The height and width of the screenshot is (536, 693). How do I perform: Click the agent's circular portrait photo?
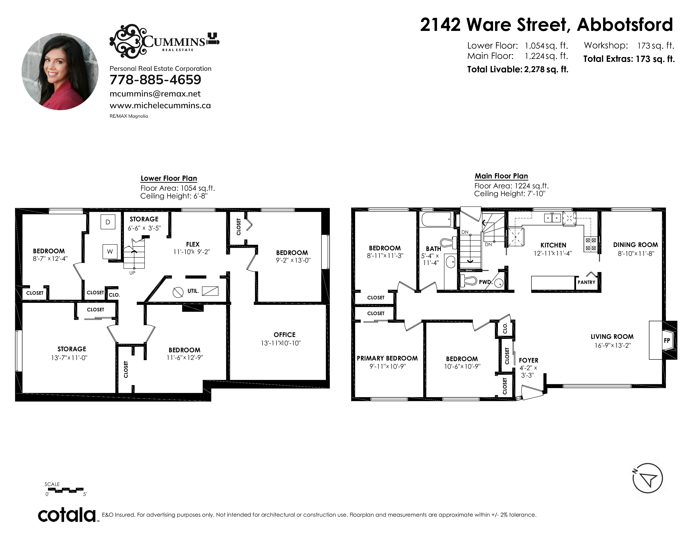(60, 72)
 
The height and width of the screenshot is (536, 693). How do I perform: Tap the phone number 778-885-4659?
(155, 80)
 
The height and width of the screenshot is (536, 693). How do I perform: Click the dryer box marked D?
(108, 222)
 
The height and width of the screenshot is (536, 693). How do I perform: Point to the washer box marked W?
(110, 251)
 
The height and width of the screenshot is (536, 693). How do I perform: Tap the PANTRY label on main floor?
(586, 282)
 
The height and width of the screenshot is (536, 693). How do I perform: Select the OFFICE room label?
(284, 335)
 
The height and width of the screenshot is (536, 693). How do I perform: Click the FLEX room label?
(193, 244)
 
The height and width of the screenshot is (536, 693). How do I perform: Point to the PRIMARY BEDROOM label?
(387, 358)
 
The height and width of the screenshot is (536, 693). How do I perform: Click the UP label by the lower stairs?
(132, 273)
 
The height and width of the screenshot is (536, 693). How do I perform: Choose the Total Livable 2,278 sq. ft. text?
(517, 69)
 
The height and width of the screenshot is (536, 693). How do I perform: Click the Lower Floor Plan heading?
(169, 178)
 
